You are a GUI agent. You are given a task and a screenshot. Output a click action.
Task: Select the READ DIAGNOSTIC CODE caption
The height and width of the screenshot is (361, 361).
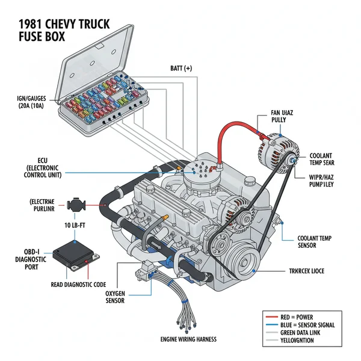pos(70,285)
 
